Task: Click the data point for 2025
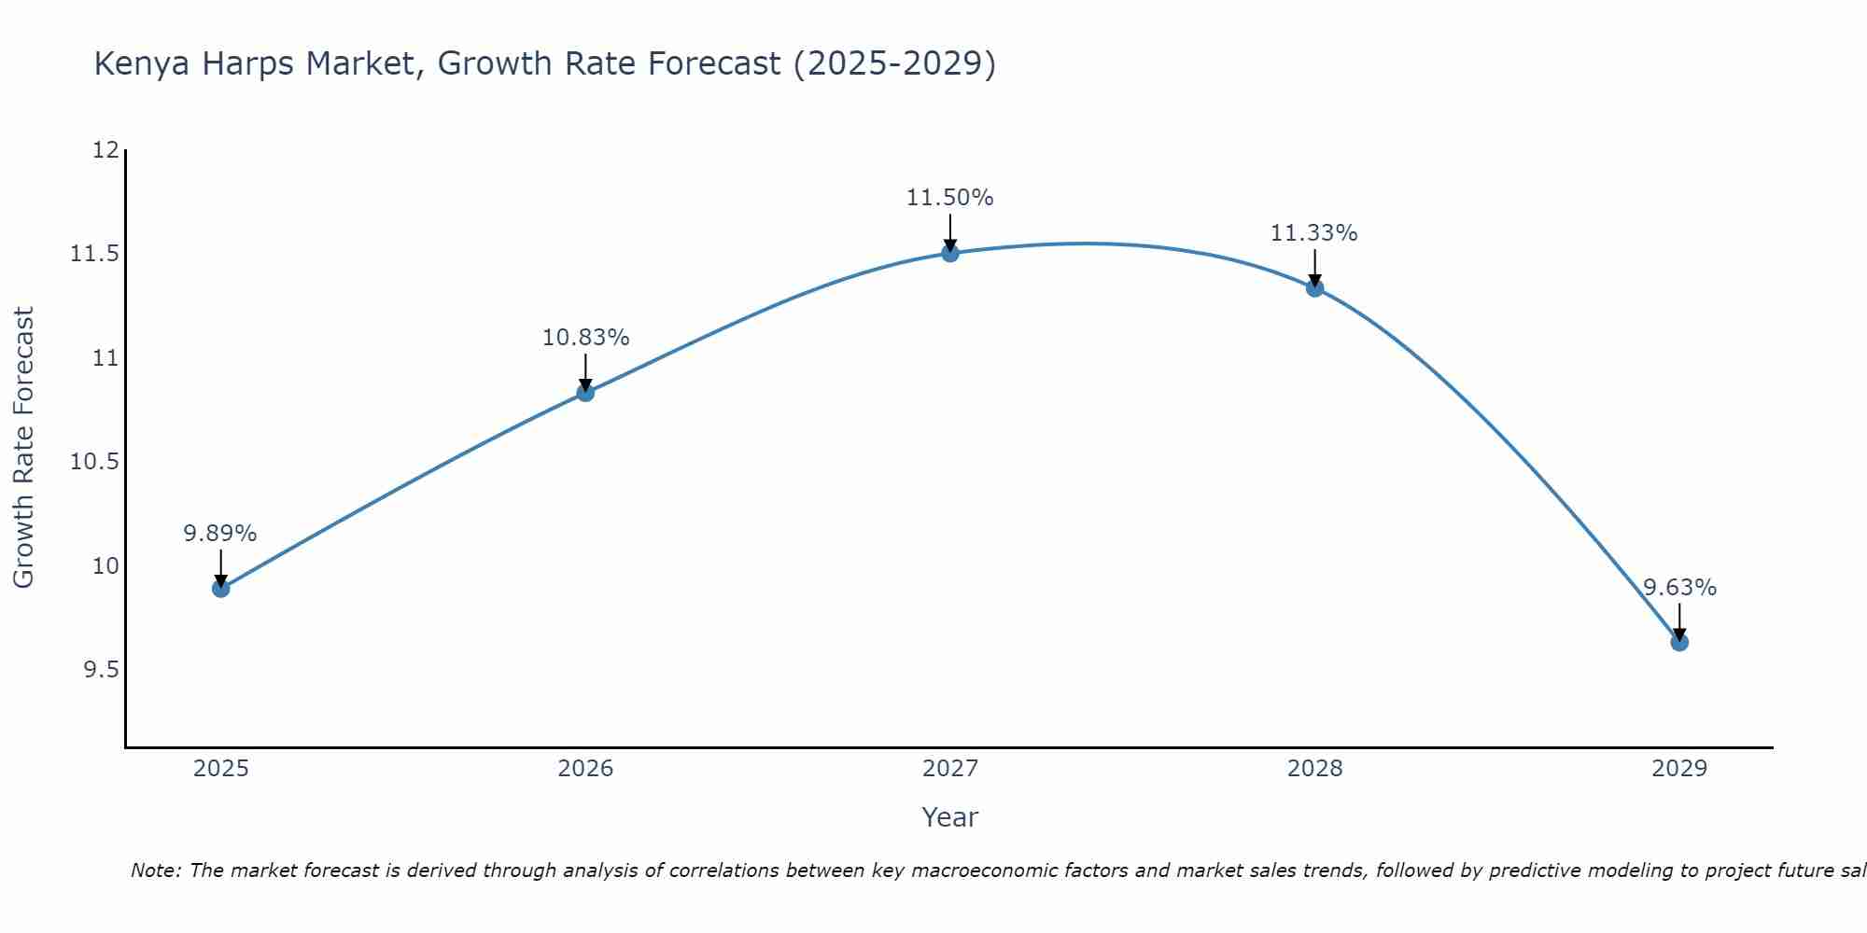(x=221, y=588)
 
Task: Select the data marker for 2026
(x=585, y=393)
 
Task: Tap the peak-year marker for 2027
(x=950, y=253)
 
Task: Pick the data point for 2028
(x=1314, y=288)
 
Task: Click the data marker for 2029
(x=1679, y=642)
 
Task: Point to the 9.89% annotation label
(x=220, y=534)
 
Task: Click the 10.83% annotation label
(x=585, y=338)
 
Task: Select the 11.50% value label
(x=950, y=198)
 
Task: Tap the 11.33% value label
(x=1314, y=233)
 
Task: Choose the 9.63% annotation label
(x=1679, y=588)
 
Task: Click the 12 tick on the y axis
(x=105, y=150)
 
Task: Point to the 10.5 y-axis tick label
(x=94, y=463)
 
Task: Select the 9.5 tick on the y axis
(x=101, y=671)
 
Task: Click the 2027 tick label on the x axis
(x=950, y=769)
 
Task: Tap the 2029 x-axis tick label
(x=1679, y=769)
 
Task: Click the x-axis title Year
(x=950, y=817)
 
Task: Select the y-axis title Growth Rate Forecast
(x=23, y=448)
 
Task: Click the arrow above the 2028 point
(x=1314, y=268)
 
